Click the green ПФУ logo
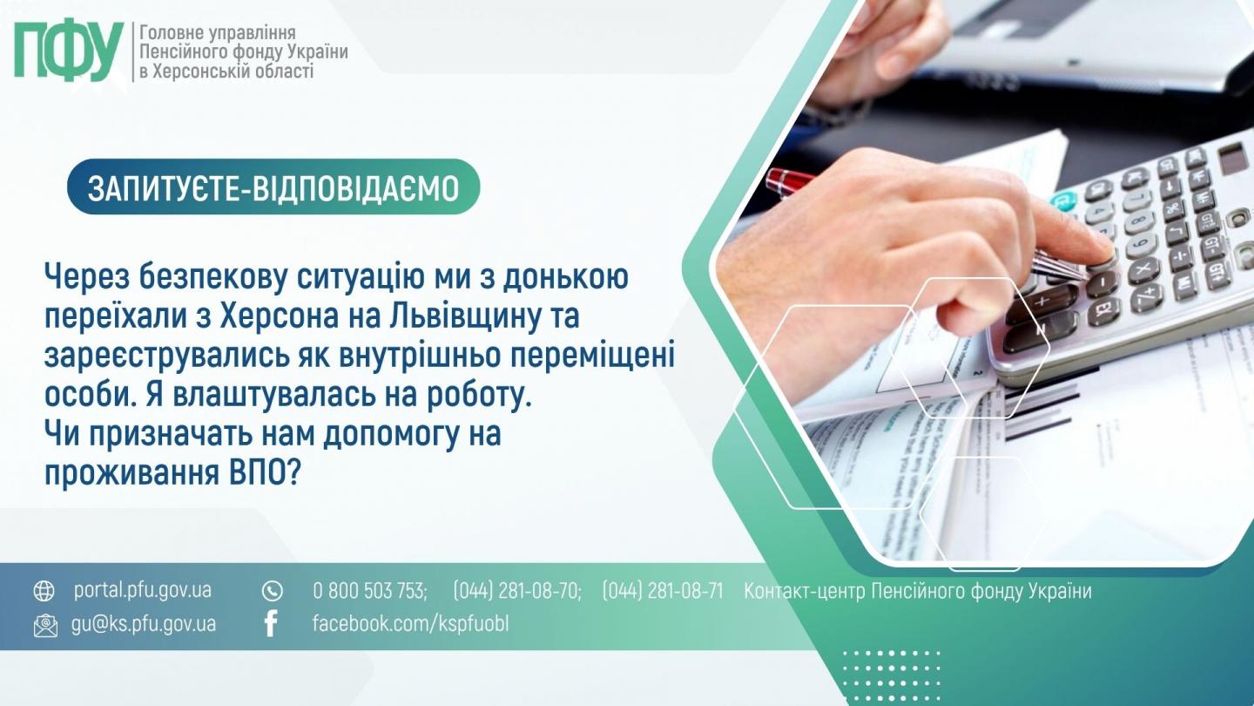click(68, 51)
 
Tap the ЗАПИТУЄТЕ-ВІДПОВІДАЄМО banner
click(273, 187)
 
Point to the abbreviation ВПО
click(263, 474)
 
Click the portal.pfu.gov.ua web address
click(143, 591)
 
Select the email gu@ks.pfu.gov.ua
click(144, 624)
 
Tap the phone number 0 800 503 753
click(370, 591)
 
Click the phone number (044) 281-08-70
click(516, 591)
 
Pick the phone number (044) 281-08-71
click(663, 591)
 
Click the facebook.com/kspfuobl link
click(410, 624)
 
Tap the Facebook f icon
click(271, 624)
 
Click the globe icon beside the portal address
click(44, 591)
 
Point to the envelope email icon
click(45, 625)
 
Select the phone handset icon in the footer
click(272, 591)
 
